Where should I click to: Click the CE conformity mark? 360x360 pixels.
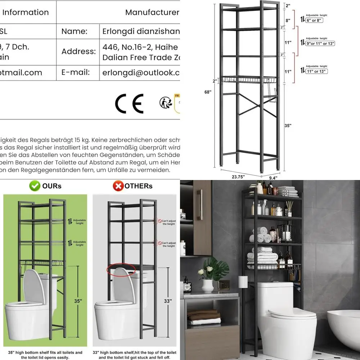[129, 103]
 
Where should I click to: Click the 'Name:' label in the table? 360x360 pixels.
[75, 31]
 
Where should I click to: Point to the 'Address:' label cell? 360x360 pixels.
[78, 51]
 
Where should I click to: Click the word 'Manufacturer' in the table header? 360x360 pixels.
[152, 12]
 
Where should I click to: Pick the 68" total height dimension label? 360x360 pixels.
[208, 92]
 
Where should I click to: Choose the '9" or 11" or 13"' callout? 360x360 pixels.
[320, 43]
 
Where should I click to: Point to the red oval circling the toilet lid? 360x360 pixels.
[121, 269]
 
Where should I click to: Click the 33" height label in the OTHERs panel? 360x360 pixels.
[168, 301]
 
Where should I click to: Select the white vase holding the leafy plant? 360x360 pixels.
[207, 286]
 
